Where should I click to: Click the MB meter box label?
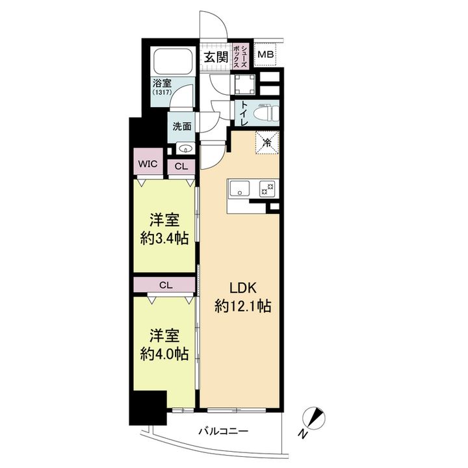coord(266,55)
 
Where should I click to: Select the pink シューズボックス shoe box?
coord(240,56)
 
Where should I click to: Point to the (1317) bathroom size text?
coord(162,92)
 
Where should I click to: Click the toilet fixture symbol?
coord(266,113)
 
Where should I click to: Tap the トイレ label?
coord(244,114)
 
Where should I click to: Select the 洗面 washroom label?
coord(182,127)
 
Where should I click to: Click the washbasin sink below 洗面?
coord(185,148)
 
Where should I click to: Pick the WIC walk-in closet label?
coord(148,164)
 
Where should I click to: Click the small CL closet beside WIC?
coord(181,166)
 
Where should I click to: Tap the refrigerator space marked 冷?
coord(267,142)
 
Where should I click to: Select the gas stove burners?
coord(267,189)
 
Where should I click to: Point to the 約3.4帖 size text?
coord(164,239)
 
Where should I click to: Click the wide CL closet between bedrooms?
coord(164,285)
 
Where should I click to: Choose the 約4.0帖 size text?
coord(164,354)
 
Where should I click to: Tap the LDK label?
coord(243,288)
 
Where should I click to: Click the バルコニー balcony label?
coord(224,431)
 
